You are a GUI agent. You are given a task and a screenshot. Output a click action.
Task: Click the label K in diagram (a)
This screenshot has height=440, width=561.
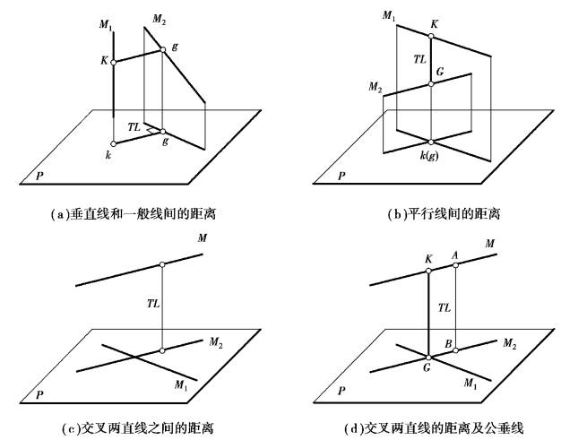(104, 62)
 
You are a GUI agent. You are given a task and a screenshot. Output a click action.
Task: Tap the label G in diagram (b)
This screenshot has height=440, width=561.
(439, 71)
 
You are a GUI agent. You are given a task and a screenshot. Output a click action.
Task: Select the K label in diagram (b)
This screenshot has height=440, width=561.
(435, 24)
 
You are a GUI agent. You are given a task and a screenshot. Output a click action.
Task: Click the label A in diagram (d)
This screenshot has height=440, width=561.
(456, 253)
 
